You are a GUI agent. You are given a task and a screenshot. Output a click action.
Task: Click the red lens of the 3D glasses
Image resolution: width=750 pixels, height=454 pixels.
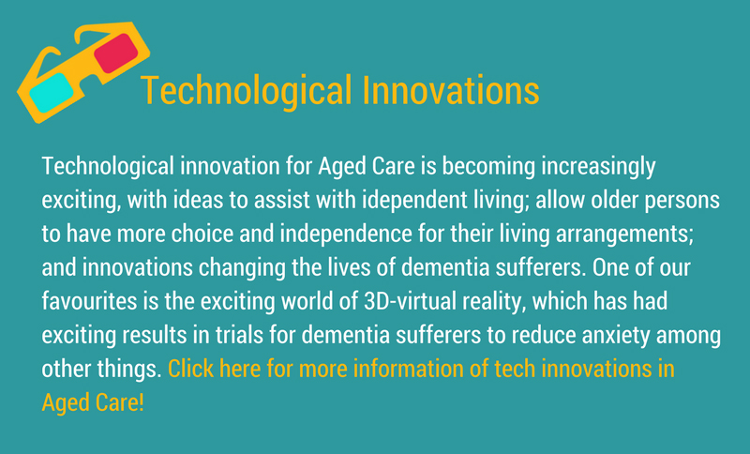(x=115, y=53)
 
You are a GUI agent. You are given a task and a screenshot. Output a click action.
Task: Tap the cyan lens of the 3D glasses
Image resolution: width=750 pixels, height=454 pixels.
(x=52, y=92)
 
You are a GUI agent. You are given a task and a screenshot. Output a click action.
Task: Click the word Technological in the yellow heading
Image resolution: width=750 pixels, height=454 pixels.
(x=247, y=90)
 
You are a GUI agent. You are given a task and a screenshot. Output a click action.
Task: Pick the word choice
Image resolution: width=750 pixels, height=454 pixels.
(x=202, y=234)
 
